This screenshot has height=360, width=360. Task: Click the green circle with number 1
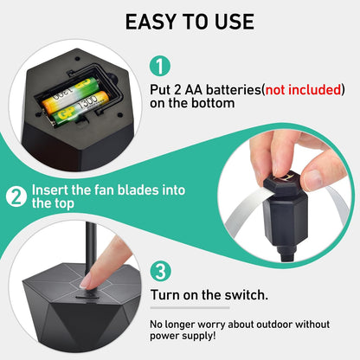click(160, 66)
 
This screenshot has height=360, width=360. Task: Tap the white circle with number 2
click(16, 197)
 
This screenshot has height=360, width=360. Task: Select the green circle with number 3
click(161, 271)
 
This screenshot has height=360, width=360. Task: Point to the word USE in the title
click(235, 22)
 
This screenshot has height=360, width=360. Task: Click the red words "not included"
click(303, 90)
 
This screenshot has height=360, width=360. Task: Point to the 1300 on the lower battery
click(87, 104)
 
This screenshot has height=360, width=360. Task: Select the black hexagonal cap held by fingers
click(283, 180)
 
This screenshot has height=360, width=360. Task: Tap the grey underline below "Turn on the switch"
click(190, 308)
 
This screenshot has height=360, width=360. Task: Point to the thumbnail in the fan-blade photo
click(313, 179)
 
